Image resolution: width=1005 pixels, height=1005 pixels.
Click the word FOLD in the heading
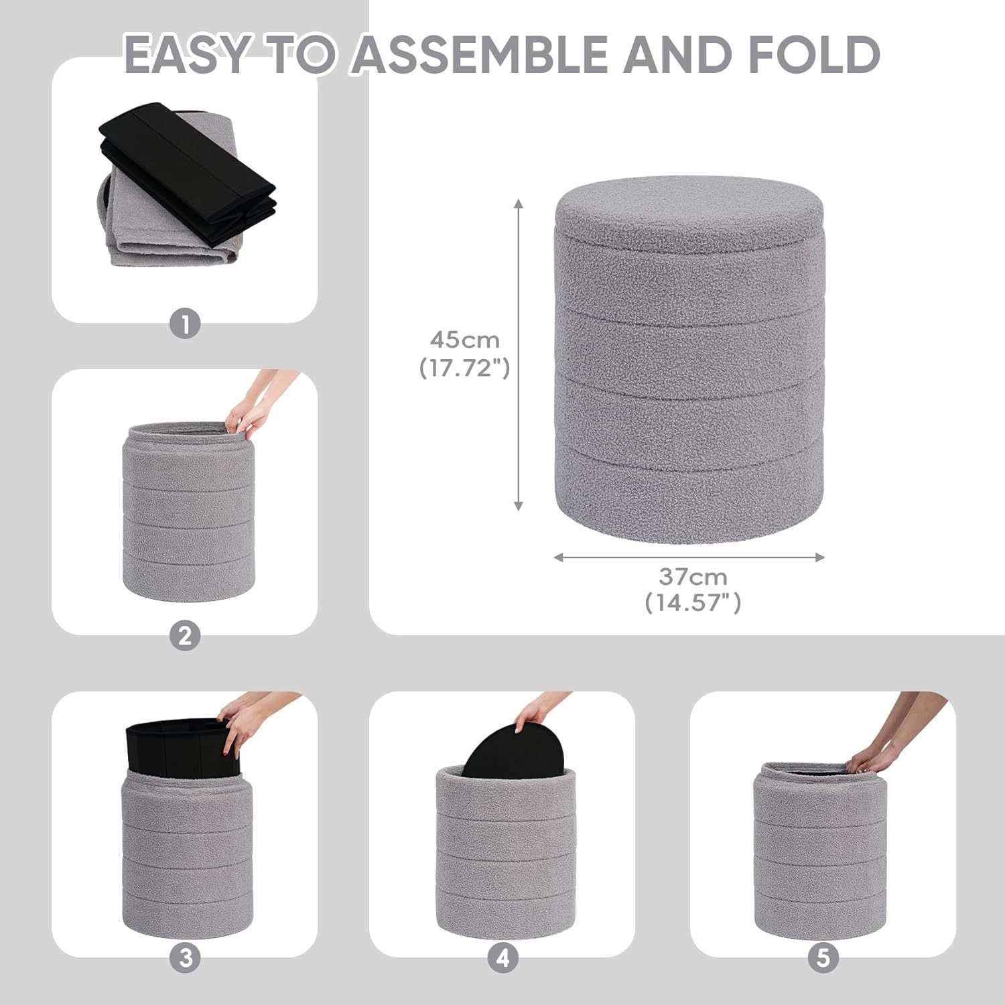pyautogui.click(x=813, y=54)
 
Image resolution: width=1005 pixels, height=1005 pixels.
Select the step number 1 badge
pyautogui.click(x=185, y=325)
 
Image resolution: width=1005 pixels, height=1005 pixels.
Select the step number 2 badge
pyautogui.click(x=185, y=635)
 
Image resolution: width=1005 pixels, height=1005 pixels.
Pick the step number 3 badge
pyautogui.click(x=185, y=958)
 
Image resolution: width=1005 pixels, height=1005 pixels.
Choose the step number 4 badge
pyautogui.click(x=503, y=958)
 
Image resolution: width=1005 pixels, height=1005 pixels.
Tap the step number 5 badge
pyautogui.click(x=823, y=958)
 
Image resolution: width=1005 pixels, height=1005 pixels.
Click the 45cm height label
pyautogui.click(x=465, y=340)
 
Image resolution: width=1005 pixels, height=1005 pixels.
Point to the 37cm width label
pyautogui.click(x=693, y=576)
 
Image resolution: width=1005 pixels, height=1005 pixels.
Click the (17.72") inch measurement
pyautogui.click(x=465, y=368)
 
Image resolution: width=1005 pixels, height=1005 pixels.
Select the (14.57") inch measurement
pyautogui.click(x=693, y=603)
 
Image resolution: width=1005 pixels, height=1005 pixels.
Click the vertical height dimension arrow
pyautogui.click(x=518, y=355)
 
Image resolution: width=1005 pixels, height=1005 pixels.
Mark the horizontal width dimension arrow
pyautogui.click(x=689, y=557)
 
